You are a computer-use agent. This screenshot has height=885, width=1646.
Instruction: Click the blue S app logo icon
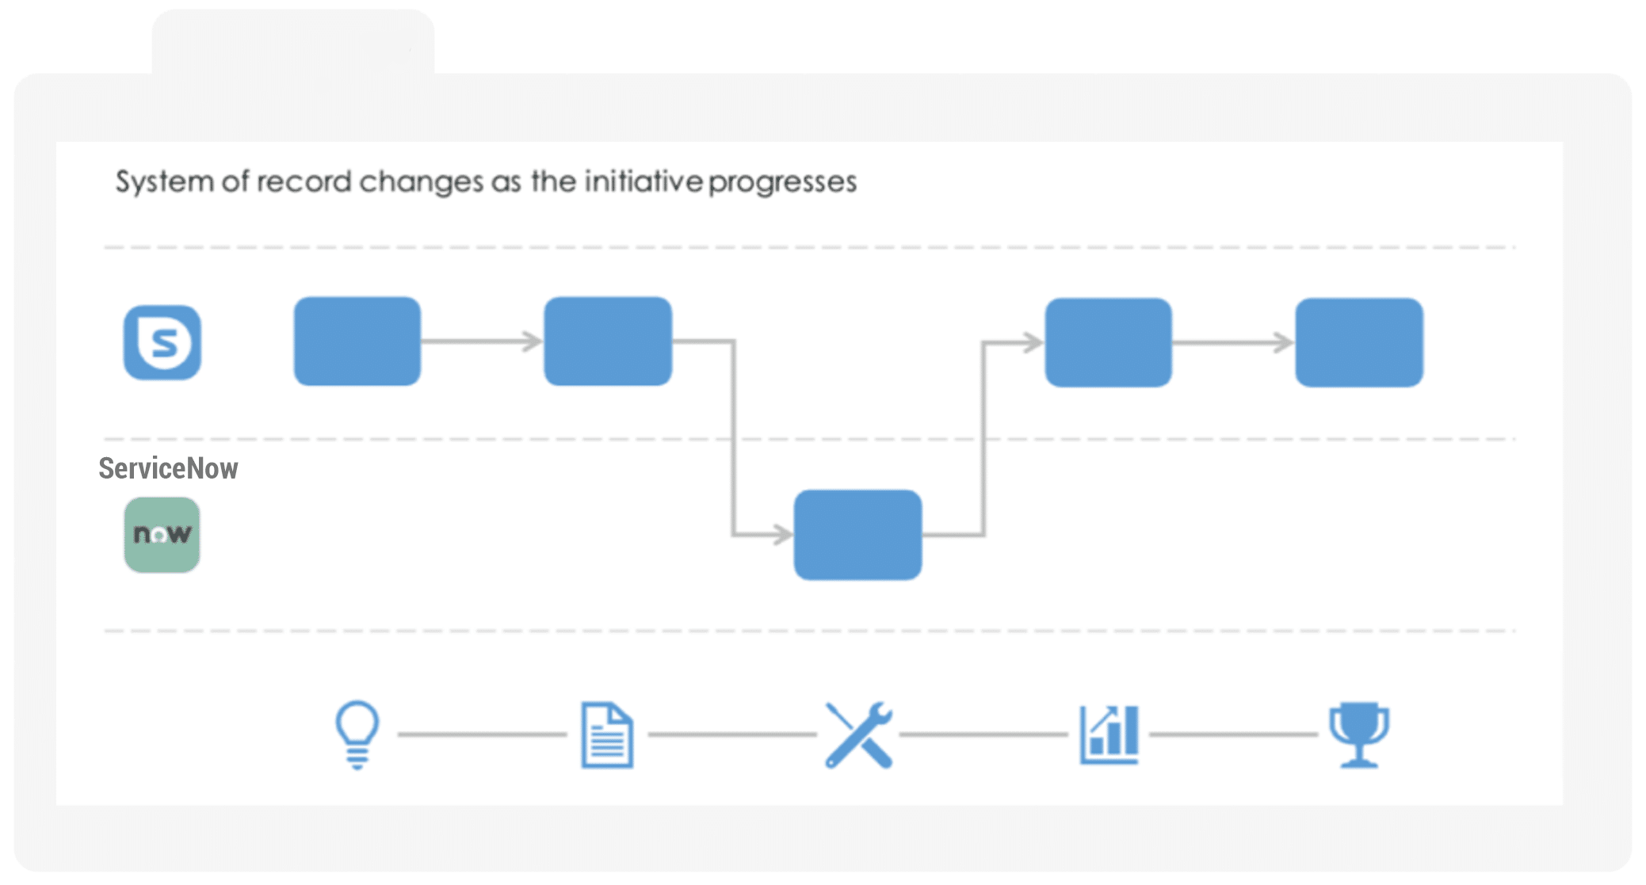click(x=162, y=342)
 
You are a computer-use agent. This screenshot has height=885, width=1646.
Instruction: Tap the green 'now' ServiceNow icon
click(x=162, y=535)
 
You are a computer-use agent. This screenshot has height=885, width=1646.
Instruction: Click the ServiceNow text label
click(x=168, y=468)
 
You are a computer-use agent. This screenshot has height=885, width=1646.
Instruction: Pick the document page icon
click(x=607, y=735)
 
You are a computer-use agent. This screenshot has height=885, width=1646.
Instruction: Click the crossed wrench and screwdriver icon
click(x=859, y=735)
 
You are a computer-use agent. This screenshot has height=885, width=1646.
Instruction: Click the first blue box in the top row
click(x=357, y=341)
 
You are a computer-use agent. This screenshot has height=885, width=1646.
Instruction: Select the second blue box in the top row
click(x=608, y=341)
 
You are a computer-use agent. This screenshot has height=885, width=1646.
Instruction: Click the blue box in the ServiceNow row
click(x=858, y=535)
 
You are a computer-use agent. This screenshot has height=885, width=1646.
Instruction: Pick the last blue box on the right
click(x=1359, y=342)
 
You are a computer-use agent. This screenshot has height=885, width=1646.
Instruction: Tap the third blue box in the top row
click(x=1109, y=342)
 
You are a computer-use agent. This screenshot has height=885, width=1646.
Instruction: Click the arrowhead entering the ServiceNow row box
click(x=784, y=534)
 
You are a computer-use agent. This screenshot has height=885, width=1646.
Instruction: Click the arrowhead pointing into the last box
click(x=1284, y=342)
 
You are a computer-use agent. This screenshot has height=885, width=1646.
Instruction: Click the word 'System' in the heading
click(x=165, y=182)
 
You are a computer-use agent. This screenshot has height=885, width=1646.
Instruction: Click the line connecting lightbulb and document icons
click(x=482, y=734)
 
